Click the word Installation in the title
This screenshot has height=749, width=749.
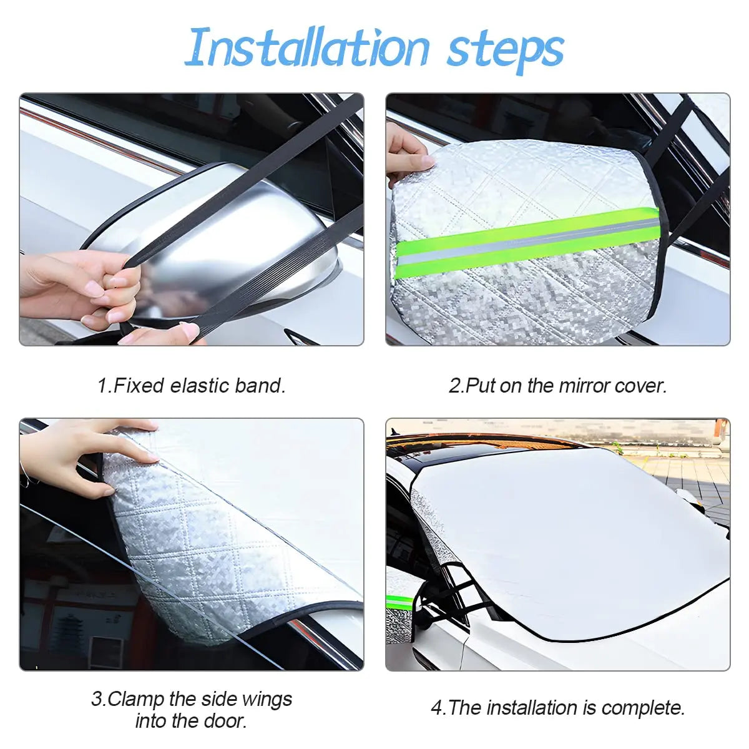pos(307,47)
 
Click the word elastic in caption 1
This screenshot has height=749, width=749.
pos(200,386)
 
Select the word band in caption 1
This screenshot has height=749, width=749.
pos(259,386)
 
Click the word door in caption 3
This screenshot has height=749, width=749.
pos(227,721)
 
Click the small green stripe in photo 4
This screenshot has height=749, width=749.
pos(399,602)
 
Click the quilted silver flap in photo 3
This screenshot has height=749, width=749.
pos(206,549)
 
